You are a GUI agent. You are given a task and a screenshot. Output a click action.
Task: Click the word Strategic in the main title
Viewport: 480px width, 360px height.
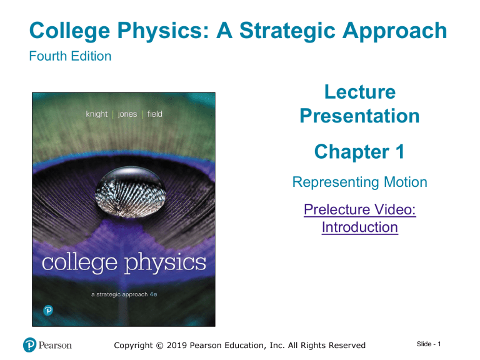tap(287, 31)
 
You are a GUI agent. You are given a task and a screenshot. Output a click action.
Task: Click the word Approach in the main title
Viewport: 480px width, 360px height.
tap(394, 31)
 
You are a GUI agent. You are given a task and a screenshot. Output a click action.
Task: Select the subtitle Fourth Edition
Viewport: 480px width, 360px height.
tap(70, 56)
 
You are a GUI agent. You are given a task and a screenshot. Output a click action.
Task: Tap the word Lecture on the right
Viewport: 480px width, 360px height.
tap(360, 92)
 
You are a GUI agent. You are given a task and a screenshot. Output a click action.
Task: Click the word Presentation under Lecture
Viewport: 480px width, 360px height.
tap(360, 116)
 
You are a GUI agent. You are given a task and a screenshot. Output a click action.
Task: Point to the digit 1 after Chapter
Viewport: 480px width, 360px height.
tap(400, 151)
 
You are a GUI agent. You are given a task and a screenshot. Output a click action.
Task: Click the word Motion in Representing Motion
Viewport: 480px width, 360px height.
tap(405, 182)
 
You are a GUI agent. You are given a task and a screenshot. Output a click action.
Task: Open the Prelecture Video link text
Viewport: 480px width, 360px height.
tap(360, 210)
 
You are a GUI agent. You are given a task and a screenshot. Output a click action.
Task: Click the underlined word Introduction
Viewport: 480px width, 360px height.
tap(360, 227)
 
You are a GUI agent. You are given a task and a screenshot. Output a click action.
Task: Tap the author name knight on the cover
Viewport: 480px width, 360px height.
tap(97, 114)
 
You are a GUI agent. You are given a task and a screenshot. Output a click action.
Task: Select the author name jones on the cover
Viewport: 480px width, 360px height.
tap(127, 114)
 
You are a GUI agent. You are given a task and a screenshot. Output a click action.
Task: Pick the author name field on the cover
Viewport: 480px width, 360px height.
tap(155, 114)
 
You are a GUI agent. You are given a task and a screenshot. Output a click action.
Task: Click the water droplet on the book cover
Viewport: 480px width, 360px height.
tap(131, 192)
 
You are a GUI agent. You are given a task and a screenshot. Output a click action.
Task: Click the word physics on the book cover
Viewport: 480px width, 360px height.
tap(165, 263)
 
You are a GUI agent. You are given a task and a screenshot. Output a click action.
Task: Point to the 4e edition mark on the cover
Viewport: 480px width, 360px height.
tap(153, 294)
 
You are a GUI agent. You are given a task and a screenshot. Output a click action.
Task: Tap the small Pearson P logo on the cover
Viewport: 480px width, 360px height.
tap(48, 311)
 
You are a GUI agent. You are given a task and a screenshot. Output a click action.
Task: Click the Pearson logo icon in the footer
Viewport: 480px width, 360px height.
tap(30, 345)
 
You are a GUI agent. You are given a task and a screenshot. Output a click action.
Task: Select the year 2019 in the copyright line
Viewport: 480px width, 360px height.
tap(177, 346)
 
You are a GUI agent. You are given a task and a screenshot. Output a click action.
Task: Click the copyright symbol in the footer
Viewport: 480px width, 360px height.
tap(160, 346)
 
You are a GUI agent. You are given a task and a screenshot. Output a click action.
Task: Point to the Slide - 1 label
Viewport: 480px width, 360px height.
tap(429, 344)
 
